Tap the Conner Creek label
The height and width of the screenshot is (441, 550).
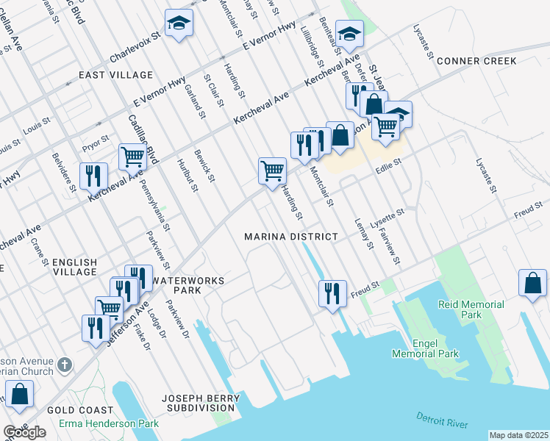(476, 61)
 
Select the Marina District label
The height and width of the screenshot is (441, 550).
(291, 237)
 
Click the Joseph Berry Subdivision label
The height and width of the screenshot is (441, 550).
(199, 402)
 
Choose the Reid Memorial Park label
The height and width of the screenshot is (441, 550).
(471, 309)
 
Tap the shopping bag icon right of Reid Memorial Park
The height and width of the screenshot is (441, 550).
(532, 283)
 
